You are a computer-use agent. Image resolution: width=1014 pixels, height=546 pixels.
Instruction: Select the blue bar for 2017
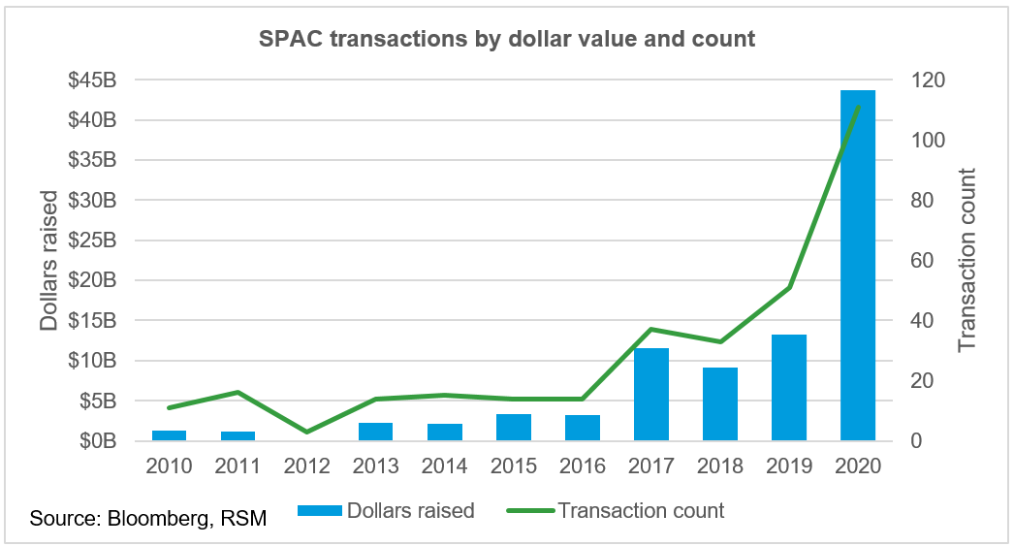[x=651, y=394]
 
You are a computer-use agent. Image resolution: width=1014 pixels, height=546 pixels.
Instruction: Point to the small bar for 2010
[x=170, y=435]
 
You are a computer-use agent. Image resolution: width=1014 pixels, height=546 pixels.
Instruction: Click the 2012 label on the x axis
[x=307, y=466]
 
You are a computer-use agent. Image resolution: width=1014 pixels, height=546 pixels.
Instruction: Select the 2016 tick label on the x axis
[x=583, y=466]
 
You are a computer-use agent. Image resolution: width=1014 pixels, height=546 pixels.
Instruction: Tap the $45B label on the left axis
[x=91, y=80]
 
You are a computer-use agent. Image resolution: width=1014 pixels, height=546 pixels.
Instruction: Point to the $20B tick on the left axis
[x=91, y=281]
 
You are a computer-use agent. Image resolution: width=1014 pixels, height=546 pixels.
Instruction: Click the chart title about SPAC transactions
[x=506, y=40]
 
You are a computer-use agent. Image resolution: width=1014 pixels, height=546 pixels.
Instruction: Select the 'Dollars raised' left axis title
[x=49, y=261]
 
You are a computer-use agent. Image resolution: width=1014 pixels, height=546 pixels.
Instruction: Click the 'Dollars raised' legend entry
[x=385, y=510]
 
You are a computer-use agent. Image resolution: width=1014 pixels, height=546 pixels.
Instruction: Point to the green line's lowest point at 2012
[x=307, y=432]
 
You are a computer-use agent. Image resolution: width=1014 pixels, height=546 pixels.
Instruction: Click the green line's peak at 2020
[x=858, y=106]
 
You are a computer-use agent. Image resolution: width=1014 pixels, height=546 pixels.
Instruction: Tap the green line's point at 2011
[x=238, y=392]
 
